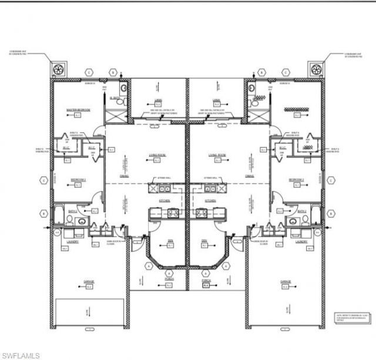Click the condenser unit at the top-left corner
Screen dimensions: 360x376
click(x=59, y=70)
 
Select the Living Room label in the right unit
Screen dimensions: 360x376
click(x=217, y=156)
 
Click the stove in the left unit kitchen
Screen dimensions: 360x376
click(x=174, y=213)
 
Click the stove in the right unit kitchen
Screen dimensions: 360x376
click(x=202, y=213)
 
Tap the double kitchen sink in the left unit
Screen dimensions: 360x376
click(x=161, y=189)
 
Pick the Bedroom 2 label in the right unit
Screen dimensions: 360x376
click(x=296, y=179)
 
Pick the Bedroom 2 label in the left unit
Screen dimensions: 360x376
click(x=78, y=179)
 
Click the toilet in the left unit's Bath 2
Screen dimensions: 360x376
click(x=69, y=221)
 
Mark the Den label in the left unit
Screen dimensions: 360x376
click(x=170, y=241)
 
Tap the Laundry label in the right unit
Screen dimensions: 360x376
click(x=302, y=241)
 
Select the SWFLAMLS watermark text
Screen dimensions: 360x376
click(x=21, y=355)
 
